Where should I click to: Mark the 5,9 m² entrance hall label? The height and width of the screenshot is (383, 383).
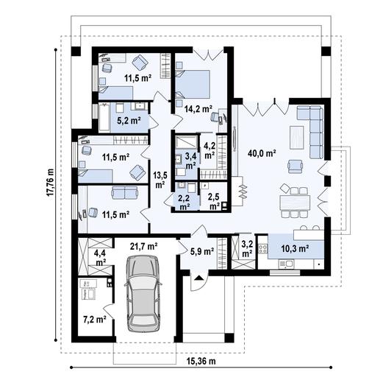(202, 250)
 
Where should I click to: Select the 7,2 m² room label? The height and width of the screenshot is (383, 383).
(95, 320)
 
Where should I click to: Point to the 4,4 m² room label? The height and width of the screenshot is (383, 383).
(100, 256)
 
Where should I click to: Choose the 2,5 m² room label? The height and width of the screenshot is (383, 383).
(213, 202)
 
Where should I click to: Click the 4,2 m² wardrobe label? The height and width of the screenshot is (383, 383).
(210, 150)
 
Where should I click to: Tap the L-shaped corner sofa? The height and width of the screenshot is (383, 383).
(312, 128)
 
